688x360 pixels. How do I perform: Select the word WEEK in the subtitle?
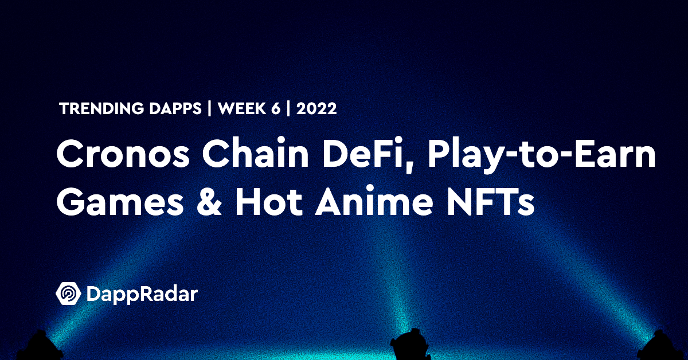(x=242, y=109)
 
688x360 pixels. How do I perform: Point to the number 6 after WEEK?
(x=276, y=109)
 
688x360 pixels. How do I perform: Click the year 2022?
(x=316, y=109)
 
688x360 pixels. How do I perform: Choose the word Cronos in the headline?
(x=123, y=153)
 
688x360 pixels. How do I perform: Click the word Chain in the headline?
(x=255, y=153)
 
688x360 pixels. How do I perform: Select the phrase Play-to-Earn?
(x=541, y=156)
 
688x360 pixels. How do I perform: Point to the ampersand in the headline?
(x=209, y=201)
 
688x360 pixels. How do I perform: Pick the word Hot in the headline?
(x=269, y=201)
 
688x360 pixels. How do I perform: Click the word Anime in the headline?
(x=374, y=201)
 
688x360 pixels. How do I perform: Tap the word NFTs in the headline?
(x=491, y=201)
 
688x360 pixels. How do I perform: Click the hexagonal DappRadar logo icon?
(x=68, y=294)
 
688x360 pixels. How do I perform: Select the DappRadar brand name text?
(x=142, y=295)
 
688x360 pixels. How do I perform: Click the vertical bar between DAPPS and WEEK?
(x=209, y=109)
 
